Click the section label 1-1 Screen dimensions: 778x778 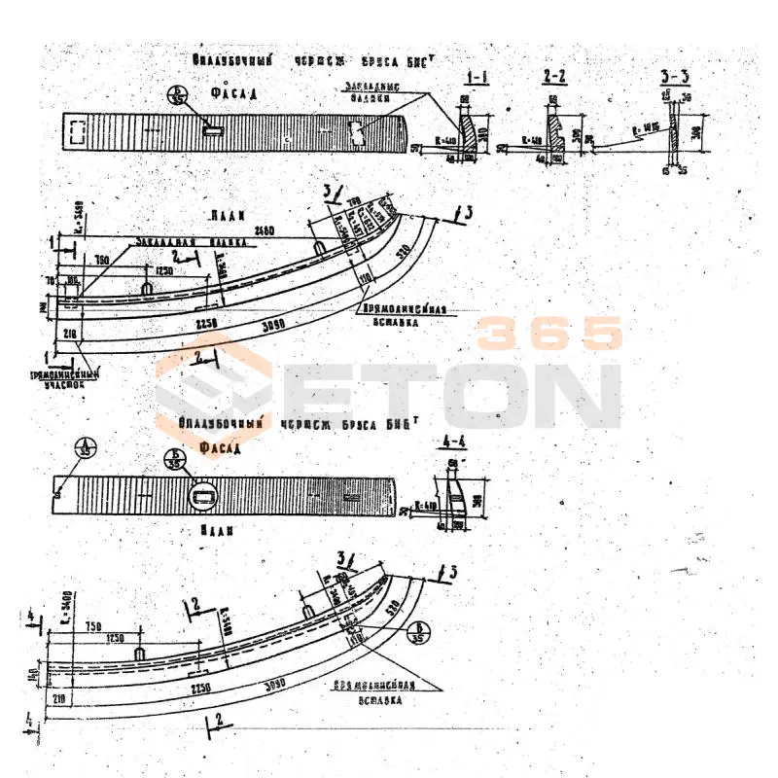tap(477, 76)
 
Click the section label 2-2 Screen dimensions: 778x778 tap(557, 76)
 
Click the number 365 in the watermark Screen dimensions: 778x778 tap(550, 335)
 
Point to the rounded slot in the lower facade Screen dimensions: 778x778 tap(205, 499)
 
